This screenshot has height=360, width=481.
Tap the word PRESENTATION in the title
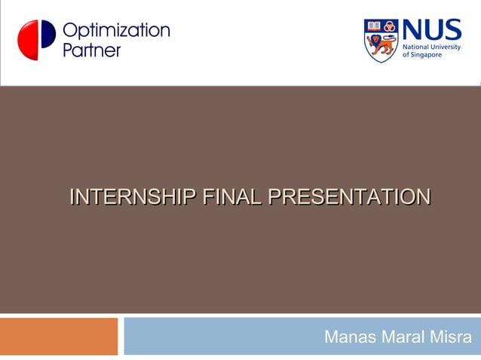[x=350, y=197]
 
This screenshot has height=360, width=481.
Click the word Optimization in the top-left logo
[x=116, y=31]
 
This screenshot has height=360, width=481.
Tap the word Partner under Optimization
[x=91, y=50]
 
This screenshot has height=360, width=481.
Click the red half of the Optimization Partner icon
[x=27, y=40]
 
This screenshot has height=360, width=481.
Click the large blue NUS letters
[x=431, y=31]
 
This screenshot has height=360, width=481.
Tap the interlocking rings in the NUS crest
[x=389, y=26]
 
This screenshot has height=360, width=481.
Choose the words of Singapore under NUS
[x=422, y=56]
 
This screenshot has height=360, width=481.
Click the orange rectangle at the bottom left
[x=59, y=336]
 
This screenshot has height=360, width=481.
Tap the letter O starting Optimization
[x=69, y=31]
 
